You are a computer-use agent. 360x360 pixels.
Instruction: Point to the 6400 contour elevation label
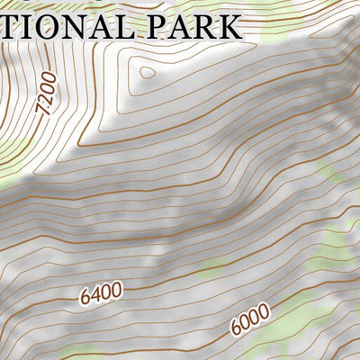[x=101, y=292]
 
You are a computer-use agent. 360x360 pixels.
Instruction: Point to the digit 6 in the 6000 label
[x=236, y=327]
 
